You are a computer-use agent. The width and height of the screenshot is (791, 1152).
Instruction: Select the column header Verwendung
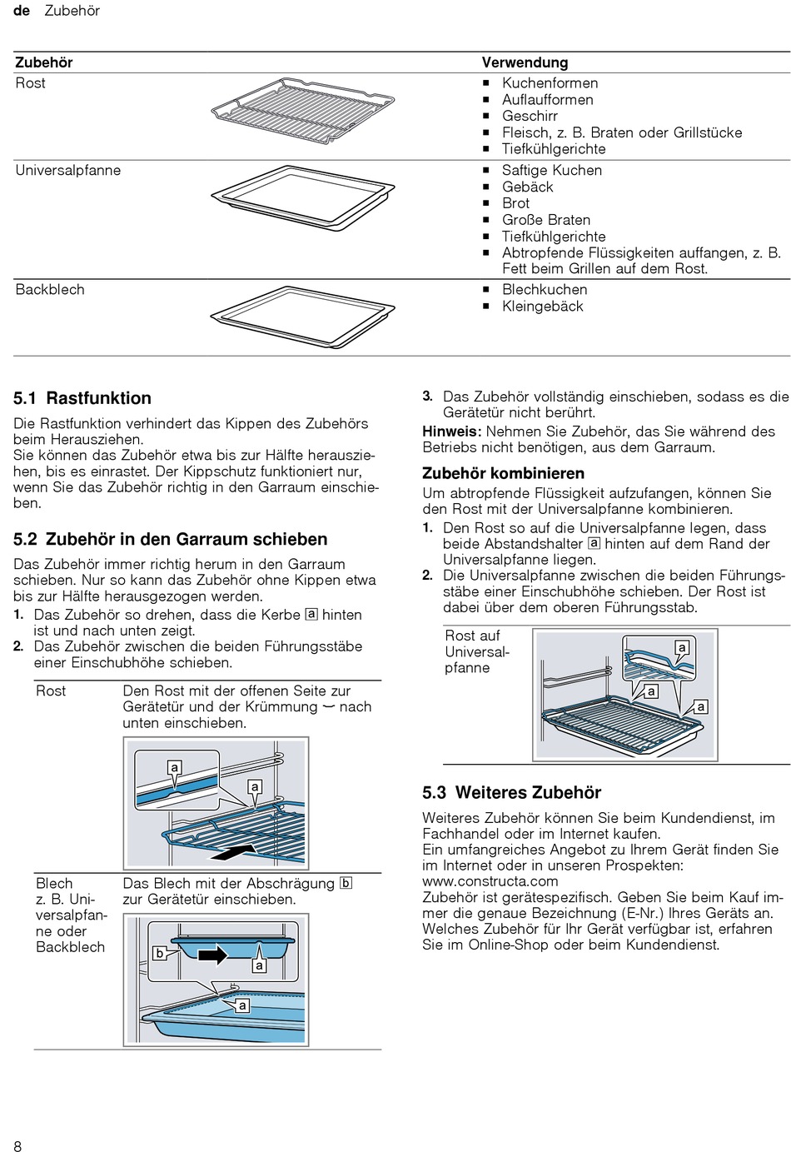coord(525,62)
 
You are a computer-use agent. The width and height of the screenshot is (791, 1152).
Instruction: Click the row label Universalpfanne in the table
coord(68,170)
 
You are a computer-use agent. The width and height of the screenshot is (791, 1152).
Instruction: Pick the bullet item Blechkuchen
coord(545,290)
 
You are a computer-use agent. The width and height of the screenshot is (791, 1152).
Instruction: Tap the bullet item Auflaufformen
coord(547,99)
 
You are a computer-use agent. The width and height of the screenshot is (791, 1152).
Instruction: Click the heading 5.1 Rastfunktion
coord(82,398)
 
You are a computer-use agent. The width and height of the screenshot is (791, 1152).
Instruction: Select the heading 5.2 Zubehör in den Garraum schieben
coord(171,539)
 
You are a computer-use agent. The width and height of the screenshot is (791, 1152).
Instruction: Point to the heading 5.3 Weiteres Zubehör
coord(511,792)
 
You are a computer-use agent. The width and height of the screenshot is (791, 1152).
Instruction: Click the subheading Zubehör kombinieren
coord(503,473)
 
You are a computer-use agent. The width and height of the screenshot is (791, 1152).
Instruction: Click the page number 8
coord(17,1146)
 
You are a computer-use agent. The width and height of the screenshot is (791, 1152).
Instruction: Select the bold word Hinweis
coord(451,431)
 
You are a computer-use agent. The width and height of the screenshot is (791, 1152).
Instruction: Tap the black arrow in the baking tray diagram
coord(213,955)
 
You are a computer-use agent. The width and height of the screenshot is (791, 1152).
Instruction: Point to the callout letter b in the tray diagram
coord(160,954)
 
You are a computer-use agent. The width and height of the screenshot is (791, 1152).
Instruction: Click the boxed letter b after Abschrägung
coord(346,883)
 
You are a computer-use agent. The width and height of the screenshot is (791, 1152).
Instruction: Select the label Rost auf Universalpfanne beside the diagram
coord(476,651)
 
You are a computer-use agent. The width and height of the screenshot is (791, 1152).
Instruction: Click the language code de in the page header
coord(22,11)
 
